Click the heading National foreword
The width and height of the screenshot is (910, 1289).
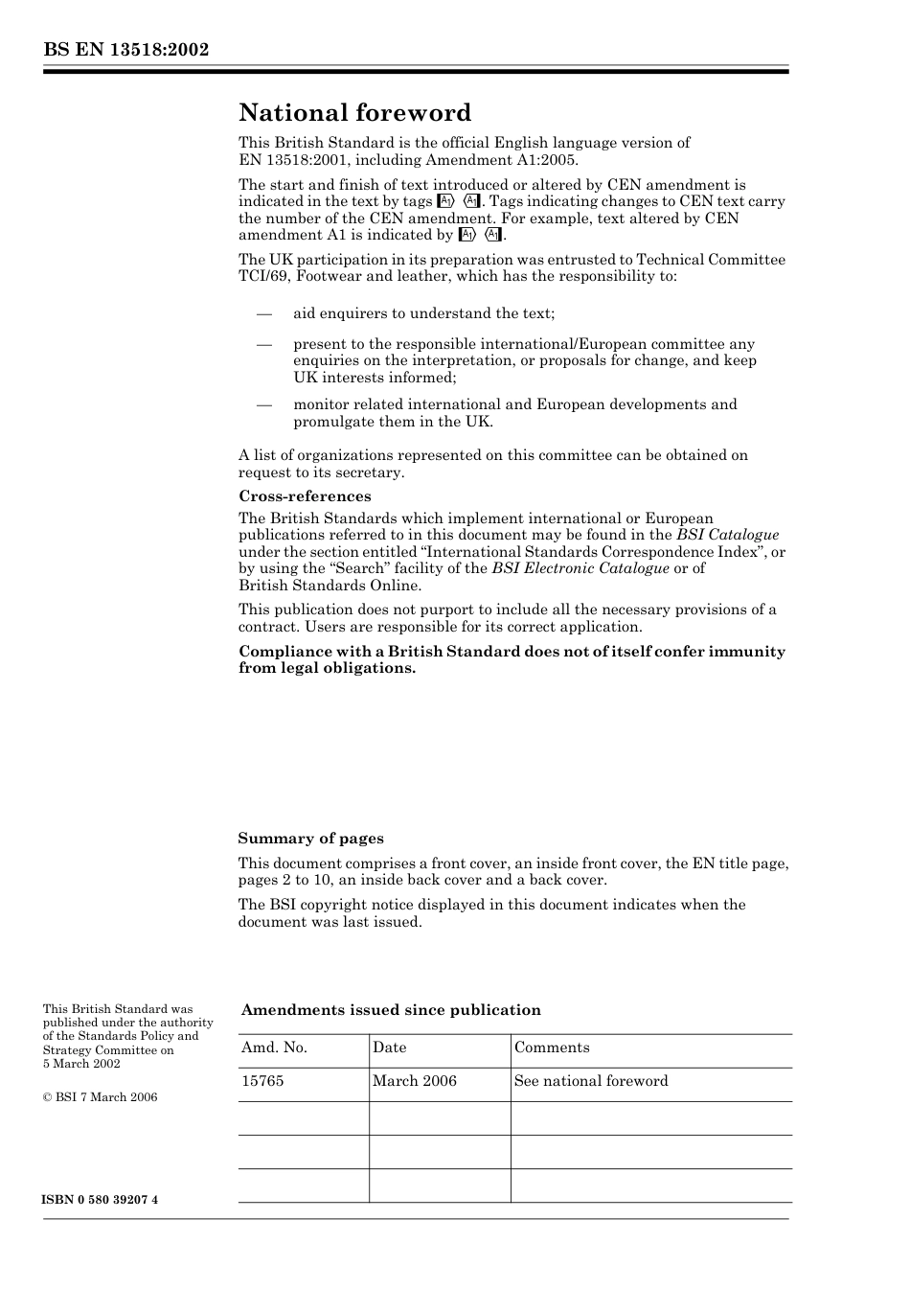click(354, 113)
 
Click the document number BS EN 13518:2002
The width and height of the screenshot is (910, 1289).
click(125, 50)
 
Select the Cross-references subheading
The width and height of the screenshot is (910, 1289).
click(305, 496)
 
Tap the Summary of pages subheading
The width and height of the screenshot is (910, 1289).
click(310, 839)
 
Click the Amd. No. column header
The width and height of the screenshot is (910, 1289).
click(274, 1047)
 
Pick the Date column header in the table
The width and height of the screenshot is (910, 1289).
click(389, 1047)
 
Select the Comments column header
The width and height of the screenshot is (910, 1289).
click(552, 1047)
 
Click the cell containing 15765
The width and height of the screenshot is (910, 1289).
click(262, 1081)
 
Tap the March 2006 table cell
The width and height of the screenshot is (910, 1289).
click(414, 1081)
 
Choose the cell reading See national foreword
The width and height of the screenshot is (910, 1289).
click(591, 1081)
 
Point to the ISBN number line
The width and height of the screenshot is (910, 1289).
click(101, 1200)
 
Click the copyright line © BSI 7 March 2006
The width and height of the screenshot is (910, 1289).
click(101, 1097)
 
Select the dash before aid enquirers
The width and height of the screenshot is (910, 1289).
click(264, 313)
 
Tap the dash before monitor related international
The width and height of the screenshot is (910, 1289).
click(264, 404)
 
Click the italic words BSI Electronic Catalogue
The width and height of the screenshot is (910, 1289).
click(580, 568)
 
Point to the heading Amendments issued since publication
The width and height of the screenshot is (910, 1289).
click(391, 1010)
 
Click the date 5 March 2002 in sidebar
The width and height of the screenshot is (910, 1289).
click(81, 1064)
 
